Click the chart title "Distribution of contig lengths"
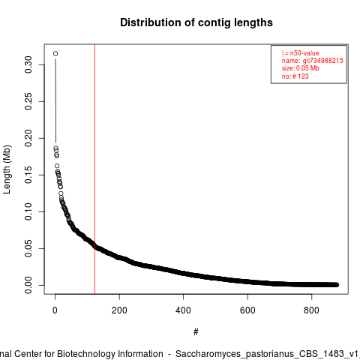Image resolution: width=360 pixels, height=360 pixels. (x=196, y=22)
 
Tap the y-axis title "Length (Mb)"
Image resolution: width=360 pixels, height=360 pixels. (x=7, y=169)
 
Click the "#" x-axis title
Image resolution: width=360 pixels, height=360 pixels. (x=196, y=332)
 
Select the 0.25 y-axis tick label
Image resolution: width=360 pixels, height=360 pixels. (x=28, y=101)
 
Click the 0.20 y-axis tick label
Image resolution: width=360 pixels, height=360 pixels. (x=28, y=138)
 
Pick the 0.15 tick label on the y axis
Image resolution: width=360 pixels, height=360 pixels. (x=28, y=175)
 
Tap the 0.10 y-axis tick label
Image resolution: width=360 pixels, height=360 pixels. (x=28, y=211)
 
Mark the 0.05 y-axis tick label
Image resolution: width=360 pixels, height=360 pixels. (x=28, y=248)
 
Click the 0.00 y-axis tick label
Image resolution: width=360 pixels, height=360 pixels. (x=28, y=285)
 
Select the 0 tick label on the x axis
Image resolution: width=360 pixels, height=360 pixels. (x=55, y=310)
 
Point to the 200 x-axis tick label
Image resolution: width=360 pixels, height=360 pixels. (x=119, y=310)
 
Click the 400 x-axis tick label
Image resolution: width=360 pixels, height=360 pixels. (x=183, y=310)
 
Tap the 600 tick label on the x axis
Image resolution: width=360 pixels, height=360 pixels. (x=247, y=310)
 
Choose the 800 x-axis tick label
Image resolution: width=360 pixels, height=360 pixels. (x=311, y=310)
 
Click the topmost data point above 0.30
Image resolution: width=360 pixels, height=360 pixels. (x=55, y=53)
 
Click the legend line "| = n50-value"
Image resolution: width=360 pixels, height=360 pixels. (x=301, y=53)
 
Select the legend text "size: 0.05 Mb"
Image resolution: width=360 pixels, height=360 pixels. (x=301, y=68)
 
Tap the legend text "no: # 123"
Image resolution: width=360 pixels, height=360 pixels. (x=295, y=76)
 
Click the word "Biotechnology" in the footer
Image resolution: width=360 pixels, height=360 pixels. (x=86, y=354)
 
